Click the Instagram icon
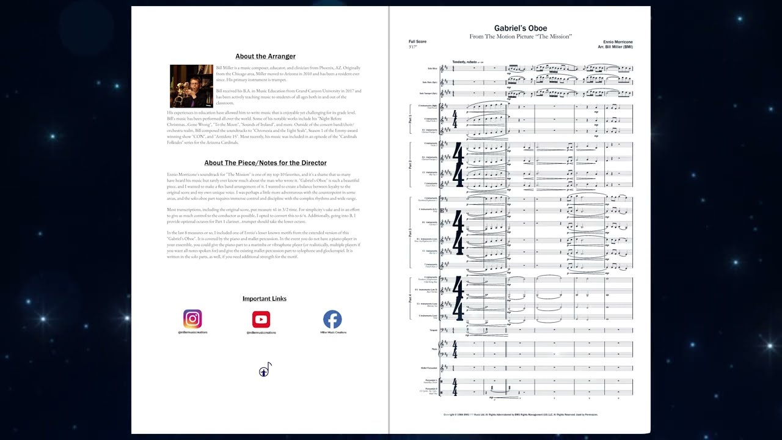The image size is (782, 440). point(192,319)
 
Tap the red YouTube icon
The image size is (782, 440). point(261,319)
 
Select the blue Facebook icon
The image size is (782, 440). point(332,319)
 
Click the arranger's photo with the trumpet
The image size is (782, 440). point(191,86)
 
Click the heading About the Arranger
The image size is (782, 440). point(265,56)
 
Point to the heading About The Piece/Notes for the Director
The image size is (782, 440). point(265,163)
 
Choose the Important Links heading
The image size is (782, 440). point(264,299)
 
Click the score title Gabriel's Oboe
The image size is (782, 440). point(520,28)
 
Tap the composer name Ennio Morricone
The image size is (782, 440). point(617,42)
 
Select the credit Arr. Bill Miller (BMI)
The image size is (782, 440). point(615,47)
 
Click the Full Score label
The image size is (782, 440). point(417,42)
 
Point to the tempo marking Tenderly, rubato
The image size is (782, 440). point(464,62)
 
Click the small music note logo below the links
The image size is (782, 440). point(265,370)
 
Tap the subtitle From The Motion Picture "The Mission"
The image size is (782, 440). point(520,37)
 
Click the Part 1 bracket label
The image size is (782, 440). point(410,119)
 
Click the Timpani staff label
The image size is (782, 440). point(433,331)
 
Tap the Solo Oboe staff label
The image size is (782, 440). point(432,68)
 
